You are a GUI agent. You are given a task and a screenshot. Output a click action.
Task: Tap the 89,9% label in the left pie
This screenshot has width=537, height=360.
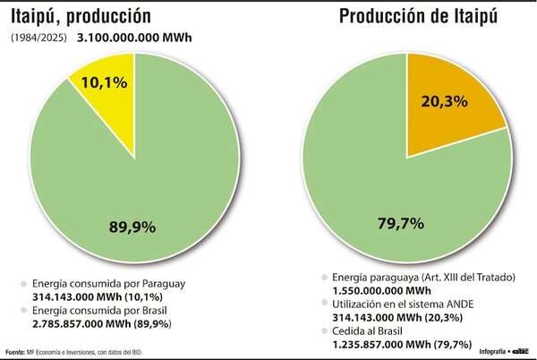pyautogui.click(x=132, y=227)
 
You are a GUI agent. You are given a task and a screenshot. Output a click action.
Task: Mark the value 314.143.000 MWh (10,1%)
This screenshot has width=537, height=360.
pyautogui.click(x=113, y=296)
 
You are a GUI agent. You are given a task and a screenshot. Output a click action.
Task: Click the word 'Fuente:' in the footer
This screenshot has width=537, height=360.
pyautogui.click(x=15, y=350)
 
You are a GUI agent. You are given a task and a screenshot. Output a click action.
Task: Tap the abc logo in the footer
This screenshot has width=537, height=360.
pyautogui.click(x=519, y=349)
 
